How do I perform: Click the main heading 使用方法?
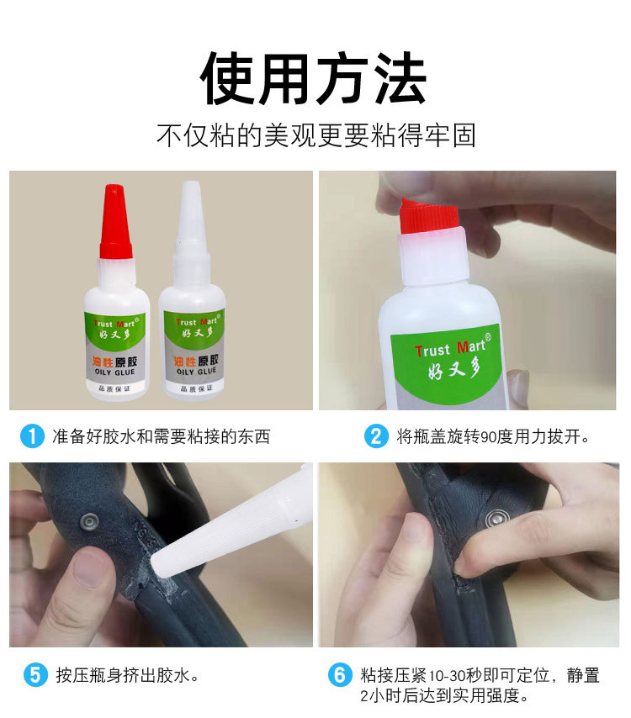point(314,79)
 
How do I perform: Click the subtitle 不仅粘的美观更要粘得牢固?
point(315,135)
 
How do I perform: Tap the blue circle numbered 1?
point(32,436)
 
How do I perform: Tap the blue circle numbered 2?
point(376,436)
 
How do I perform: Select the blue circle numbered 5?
point(35,675)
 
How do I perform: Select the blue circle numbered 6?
point(340,675)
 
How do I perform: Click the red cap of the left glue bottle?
point(115,222)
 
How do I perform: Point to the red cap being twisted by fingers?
point(427,217)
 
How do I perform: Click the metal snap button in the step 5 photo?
point(89,520)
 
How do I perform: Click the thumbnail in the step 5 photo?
point(93,568)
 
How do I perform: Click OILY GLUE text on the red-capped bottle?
point(114,372)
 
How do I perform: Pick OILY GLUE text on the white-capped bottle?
point(196,372)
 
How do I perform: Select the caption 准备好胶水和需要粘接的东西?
point(161,436)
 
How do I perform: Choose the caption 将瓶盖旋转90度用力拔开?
point(493,436)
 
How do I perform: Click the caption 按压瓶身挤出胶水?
point(127,675)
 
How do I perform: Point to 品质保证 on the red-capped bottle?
point(114,388)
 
